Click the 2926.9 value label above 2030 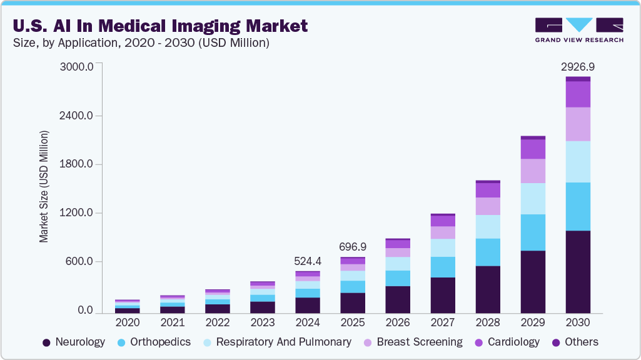coord(577,67)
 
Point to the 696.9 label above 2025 coord(353,247)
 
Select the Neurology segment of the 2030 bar coord(578,271)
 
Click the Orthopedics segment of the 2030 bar coord(578,206)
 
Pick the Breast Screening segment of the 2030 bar coord(578,124)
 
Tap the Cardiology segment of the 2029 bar coord(533,149)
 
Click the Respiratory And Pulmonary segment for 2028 coord(488,226)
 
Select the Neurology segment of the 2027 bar coord(443,295)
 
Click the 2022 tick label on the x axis coord(218,322)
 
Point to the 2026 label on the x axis coord(398,322)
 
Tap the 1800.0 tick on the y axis coord(77,164)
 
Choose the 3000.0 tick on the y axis coord(77,66)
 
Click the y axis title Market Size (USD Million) coord(44,186)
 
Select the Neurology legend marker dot coord(46,342)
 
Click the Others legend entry coord(580,342)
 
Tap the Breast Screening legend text coord(420,342)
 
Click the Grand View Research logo coord(578,30)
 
